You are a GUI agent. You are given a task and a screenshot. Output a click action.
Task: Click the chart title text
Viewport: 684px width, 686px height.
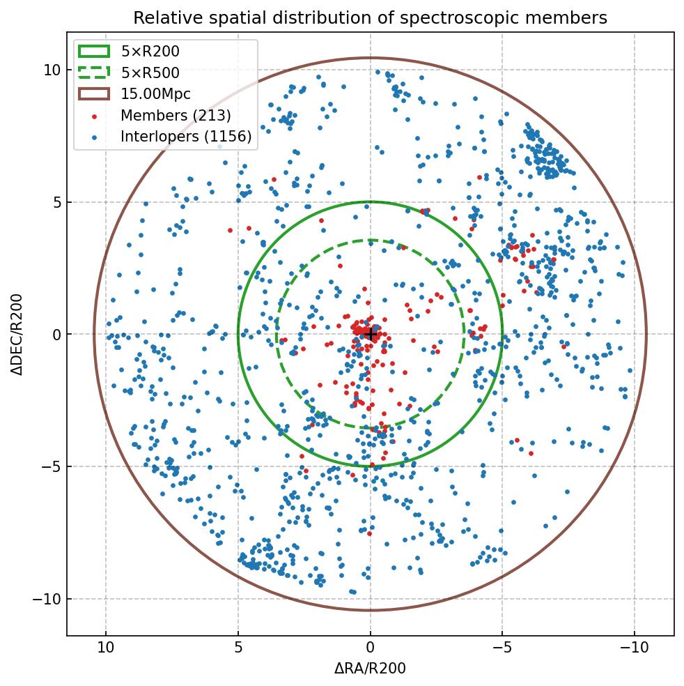(x=370, y=17)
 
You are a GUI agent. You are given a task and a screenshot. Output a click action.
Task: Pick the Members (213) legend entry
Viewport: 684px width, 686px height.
(x=176, y=115)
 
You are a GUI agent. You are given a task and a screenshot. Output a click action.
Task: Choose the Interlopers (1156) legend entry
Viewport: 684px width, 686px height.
(x=185, y=137)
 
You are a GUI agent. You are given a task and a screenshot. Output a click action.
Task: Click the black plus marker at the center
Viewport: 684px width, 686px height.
(x=371, y=335)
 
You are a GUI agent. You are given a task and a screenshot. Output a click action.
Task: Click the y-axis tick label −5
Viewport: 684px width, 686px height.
(x=47, y=466)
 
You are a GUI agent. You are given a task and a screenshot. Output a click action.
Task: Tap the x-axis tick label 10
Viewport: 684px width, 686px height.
(x=106, y=648)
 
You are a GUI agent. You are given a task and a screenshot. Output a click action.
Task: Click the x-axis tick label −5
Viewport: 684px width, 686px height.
(x=502, y=648)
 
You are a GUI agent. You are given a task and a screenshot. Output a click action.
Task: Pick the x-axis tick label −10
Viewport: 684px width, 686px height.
(x=633, y=648)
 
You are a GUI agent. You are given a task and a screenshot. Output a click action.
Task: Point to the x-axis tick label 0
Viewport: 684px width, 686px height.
(x=371, y=648)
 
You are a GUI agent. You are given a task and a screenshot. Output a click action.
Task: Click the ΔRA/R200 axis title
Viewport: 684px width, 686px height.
(x=370, y=669)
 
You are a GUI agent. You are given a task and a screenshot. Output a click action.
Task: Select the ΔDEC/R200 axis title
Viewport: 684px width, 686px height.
(x=17, y=334)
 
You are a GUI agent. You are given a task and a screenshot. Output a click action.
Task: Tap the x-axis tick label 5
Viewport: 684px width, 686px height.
(x=238, y=648)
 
